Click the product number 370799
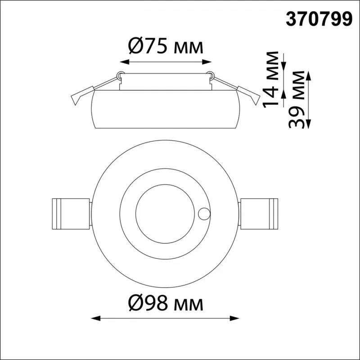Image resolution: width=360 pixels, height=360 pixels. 319,19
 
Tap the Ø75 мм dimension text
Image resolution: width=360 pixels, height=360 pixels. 166,46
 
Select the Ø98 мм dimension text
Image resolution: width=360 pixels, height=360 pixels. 166,303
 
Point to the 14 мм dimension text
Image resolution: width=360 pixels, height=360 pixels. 270,80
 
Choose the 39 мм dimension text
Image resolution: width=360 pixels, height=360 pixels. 297,99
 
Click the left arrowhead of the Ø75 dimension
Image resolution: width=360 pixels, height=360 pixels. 125,62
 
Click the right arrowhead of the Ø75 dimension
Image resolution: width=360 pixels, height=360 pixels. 207,62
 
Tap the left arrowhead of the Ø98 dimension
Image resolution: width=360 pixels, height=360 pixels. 96,319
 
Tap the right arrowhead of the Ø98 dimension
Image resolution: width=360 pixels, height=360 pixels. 234,319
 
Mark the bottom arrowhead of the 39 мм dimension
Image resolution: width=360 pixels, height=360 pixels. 309,124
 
